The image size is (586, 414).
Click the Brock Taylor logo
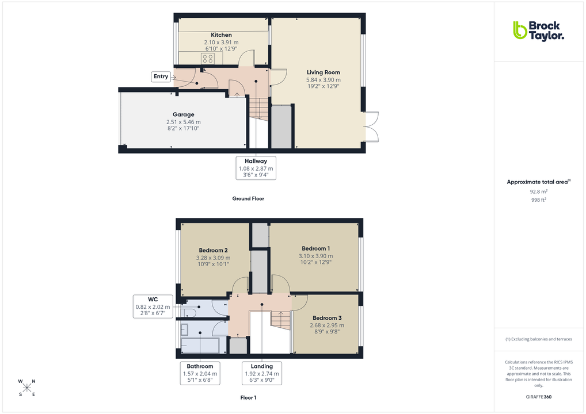click(x=538, y=30)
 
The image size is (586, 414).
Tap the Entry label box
click(x=161, y=76)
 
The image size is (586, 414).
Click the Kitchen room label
click(x=221, y=35)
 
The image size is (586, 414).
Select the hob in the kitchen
click(x=207, y=59)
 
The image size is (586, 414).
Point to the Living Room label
click(x=323, y=72)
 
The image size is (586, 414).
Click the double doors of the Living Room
click(x=371, y=126)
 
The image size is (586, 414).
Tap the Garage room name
click(x=183, y=114)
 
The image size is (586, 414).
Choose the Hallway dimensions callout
click(x=256, y=168)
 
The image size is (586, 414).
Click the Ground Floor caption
click(x=248, y=198)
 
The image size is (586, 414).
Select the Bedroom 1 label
click(x=315, y=248)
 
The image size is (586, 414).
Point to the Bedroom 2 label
click(x=214, y=250)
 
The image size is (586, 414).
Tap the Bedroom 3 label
click(x=327, y=318)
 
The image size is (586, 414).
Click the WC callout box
click(x=153, y=306)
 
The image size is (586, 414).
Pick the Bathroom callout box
click(x=200, y=373)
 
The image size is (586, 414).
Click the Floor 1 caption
click(x=248, y=397)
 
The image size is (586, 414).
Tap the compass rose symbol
click(x=26, y=388)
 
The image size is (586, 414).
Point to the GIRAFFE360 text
click(x=538, y=396)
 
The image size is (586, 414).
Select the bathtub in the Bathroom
click(x=200, y=346)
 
